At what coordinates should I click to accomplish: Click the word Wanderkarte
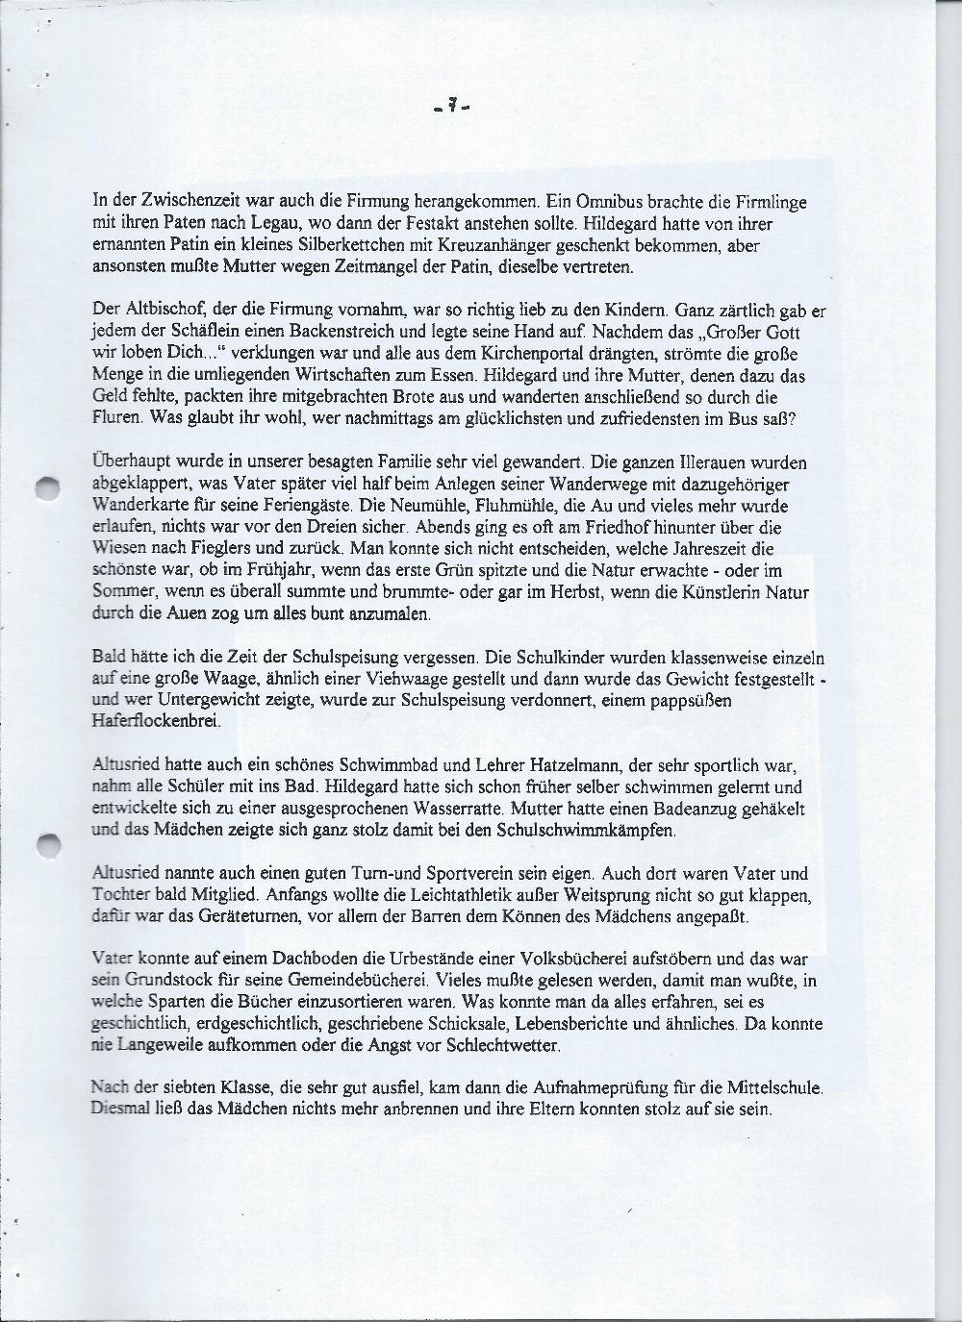pos(139,506)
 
